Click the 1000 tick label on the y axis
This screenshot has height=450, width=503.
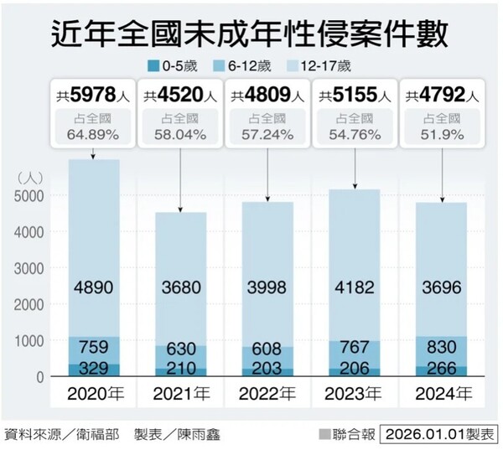click(x=31, y=341)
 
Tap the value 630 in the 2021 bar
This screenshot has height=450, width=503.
click(x=180, y=348)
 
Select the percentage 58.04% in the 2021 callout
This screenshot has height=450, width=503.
click(x=180, y=134)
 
